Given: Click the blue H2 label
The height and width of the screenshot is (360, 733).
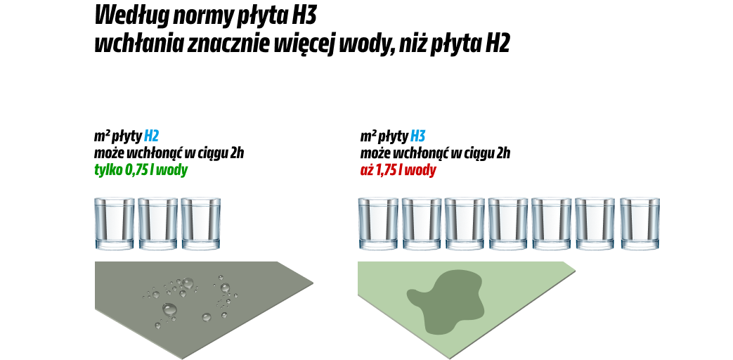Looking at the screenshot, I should point(151,136).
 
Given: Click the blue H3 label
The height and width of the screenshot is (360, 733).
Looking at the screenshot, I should point(417,136).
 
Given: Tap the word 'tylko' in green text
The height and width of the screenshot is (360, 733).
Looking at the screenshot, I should point(108,170).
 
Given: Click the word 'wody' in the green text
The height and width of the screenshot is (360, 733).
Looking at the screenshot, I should point(173,170).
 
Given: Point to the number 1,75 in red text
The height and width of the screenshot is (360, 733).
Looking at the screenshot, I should point(386,170).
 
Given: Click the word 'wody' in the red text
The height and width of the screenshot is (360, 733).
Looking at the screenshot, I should point(422,170).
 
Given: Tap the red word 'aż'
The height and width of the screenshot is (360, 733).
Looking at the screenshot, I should point(367,170).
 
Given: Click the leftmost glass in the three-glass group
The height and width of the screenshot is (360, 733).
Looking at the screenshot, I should point(115,224).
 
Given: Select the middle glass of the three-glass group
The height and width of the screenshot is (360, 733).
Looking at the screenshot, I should point(157,224).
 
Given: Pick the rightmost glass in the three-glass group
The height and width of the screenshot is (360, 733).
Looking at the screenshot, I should point(201,224).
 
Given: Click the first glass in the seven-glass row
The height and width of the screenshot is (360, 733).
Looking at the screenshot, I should point(378,224).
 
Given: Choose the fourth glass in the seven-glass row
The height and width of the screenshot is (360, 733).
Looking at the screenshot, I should point(508,224).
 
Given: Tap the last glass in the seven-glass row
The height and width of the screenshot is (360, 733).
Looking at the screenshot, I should point(640,224).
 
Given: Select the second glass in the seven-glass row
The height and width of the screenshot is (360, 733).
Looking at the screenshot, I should point(422,224).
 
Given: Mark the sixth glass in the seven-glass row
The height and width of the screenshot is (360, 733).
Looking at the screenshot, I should point(595,224).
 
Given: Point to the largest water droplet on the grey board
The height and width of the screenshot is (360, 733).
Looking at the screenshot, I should point(169,309).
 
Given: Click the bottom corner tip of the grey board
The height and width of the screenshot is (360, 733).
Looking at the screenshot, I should point(183,358).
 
